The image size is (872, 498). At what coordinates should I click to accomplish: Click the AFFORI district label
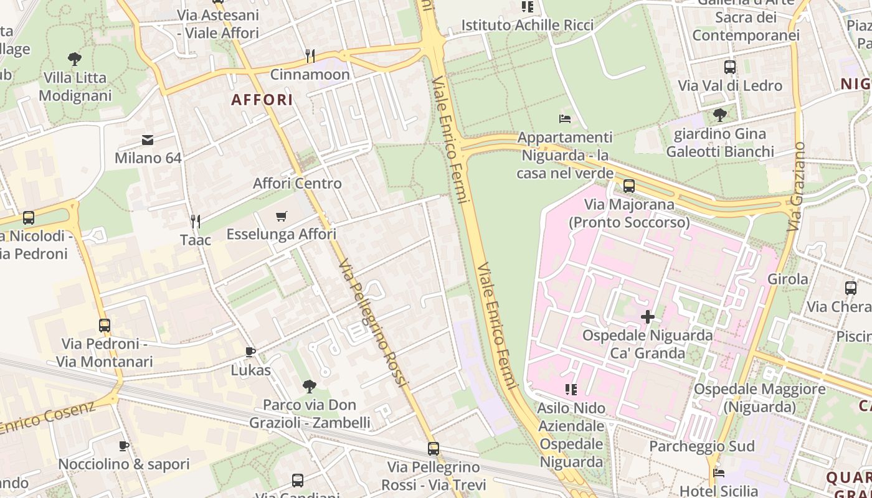pos(262,100)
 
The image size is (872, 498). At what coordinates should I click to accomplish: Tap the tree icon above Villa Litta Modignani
pos(75,59)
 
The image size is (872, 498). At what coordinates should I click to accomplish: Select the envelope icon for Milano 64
pos(148,139)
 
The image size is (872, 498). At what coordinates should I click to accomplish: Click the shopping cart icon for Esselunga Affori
pos(282,216)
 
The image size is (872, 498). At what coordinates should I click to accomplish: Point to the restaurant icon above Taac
pos(196,221)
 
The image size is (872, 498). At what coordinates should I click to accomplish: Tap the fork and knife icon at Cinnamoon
pos(310,56)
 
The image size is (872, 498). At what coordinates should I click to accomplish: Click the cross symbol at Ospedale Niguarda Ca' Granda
pos(648,317)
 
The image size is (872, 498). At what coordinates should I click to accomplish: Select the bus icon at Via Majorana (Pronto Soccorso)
pos(629,186)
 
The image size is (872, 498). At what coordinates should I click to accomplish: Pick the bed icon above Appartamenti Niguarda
pos(565,118)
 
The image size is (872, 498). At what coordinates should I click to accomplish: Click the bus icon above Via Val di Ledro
pos(730,67)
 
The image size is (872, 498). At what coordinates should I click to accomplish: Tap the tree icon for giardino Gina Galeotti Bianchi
pos(720,115)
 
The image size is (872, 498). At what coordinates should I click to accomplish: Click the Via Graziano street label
pos(796,187)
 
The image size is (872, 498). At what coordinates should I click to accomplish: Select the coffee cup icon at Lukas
pos(250,352)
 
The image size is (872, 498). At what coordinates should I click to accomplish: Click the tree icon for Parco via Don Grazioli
pos(310,386)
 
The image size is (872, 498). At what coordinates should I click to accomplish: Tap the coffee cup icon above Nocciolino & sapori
pos(124,446)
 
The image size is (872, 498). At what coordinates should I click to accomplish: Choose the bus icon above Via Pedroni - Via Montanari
pos(105,325)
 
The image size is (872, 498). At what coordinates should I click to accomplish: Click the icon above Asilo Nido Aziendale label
pos(571,390)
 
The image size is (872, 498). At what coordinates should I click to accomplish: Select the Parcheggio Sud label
pos(701,446)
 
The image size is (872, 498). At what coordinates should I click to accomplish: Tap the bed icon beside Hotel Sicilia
pos(719,473)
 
